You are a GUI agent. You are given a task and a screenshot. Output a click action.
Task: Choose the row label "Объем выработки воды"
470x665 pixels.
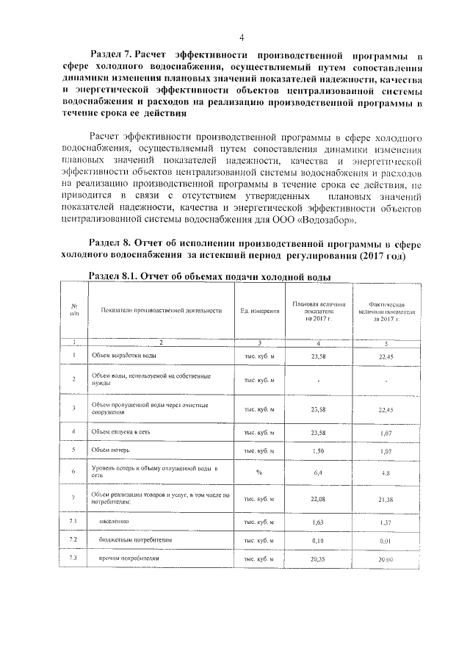(x=123, y=356)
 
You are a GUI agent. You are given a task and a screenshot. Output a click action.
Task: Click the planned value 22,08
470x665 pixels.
(x=318, y=499)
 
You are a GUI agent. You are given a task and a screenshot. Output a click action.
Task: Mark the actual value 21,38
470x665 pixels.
(x=386, y=500)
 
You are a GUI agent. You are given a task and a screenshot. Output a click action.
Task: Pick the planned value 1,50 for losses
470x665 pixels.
(x=318, y=450)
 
